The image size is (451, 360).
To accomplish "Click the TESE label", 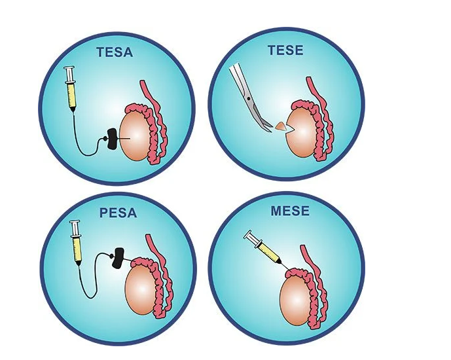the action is coord(287,49).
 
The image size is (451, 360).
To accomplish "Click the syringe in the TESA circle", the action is coord(70,88).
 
